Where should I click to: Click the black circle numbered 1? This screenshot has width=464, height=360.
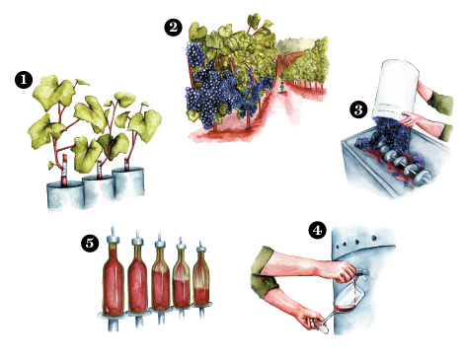pos(24,80)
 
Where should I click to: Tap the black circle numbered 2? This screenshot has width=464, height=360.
pos(174,28)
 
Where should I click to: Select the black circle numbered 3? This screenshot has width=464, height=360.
pos(358,109)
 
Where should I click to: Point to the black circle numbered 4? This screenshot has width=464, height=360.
pos(317,230)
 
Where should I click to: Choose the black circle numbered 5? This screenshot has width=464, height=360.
pos(90,244)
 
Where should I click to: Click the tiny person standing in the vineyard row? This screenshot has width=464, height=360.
pos(281,88)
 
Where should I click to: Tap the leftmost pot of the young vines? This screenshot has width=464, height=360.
pos(65,195)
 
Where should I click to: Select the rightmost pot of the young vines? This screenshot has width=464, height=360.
pos(128,182)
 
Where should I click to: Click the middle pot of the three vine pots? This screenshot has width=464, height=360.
pos(99,188)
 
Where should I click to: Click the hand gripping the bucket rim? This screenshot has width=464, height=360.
pos(410,119)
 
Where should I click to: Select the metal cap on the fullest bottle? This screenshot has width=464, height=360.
pos(113,238)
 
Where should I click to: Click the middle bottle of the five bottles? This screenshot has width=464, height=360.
pos(161,275)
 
